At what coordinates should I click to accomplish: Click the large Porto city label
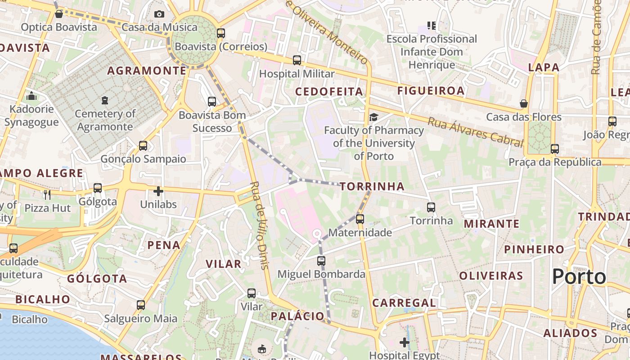tap(579, 276)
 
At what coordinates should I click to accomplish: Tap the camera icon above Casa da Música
tap(159, 14)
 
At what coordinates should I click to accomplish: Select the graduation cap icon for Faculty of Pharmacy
tap(373, 117)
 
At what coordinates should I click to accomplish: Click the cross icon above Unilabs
tap(158, 191)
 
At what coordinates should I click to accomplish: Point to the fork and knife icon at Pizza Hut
tap(47, 194)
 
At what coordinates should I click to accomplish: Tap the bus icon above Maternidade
tap(360, 219)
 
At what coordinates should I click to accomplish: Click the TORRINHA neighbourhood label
tap(372, 186)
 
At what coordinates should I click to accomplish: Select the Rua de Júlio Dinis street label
tap(259, 225)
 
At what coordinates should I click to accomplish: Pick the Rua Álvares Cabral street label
tap(476, 131)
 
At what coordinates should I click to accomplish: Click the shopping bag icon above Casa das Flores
tap(524, 104)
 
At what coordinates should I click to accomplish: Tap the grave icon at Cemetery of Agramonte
tap(105, 100)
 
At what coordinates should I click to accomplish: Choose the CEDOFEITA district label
tap(329, 92)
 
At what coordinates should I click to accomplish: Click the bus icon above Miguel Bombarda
tap(321, 261)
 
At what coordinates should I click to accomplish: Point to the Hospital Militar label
tap(297, 74)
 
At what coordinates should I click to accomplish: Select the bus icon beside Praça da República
tap(554, 149)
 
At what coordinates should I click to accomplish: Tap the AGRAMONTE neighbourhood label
tap(147, 71)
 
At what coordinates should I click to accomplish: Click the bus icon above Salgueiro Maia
tap(141, 305)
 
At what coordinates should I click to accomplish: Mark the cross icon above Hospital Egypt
tap(405, 342)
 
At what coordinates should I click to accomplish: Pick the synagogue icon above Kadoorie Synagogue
tap(31, 96)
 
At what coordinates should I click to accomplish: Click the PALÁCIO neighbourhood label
tap(297, 316)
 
